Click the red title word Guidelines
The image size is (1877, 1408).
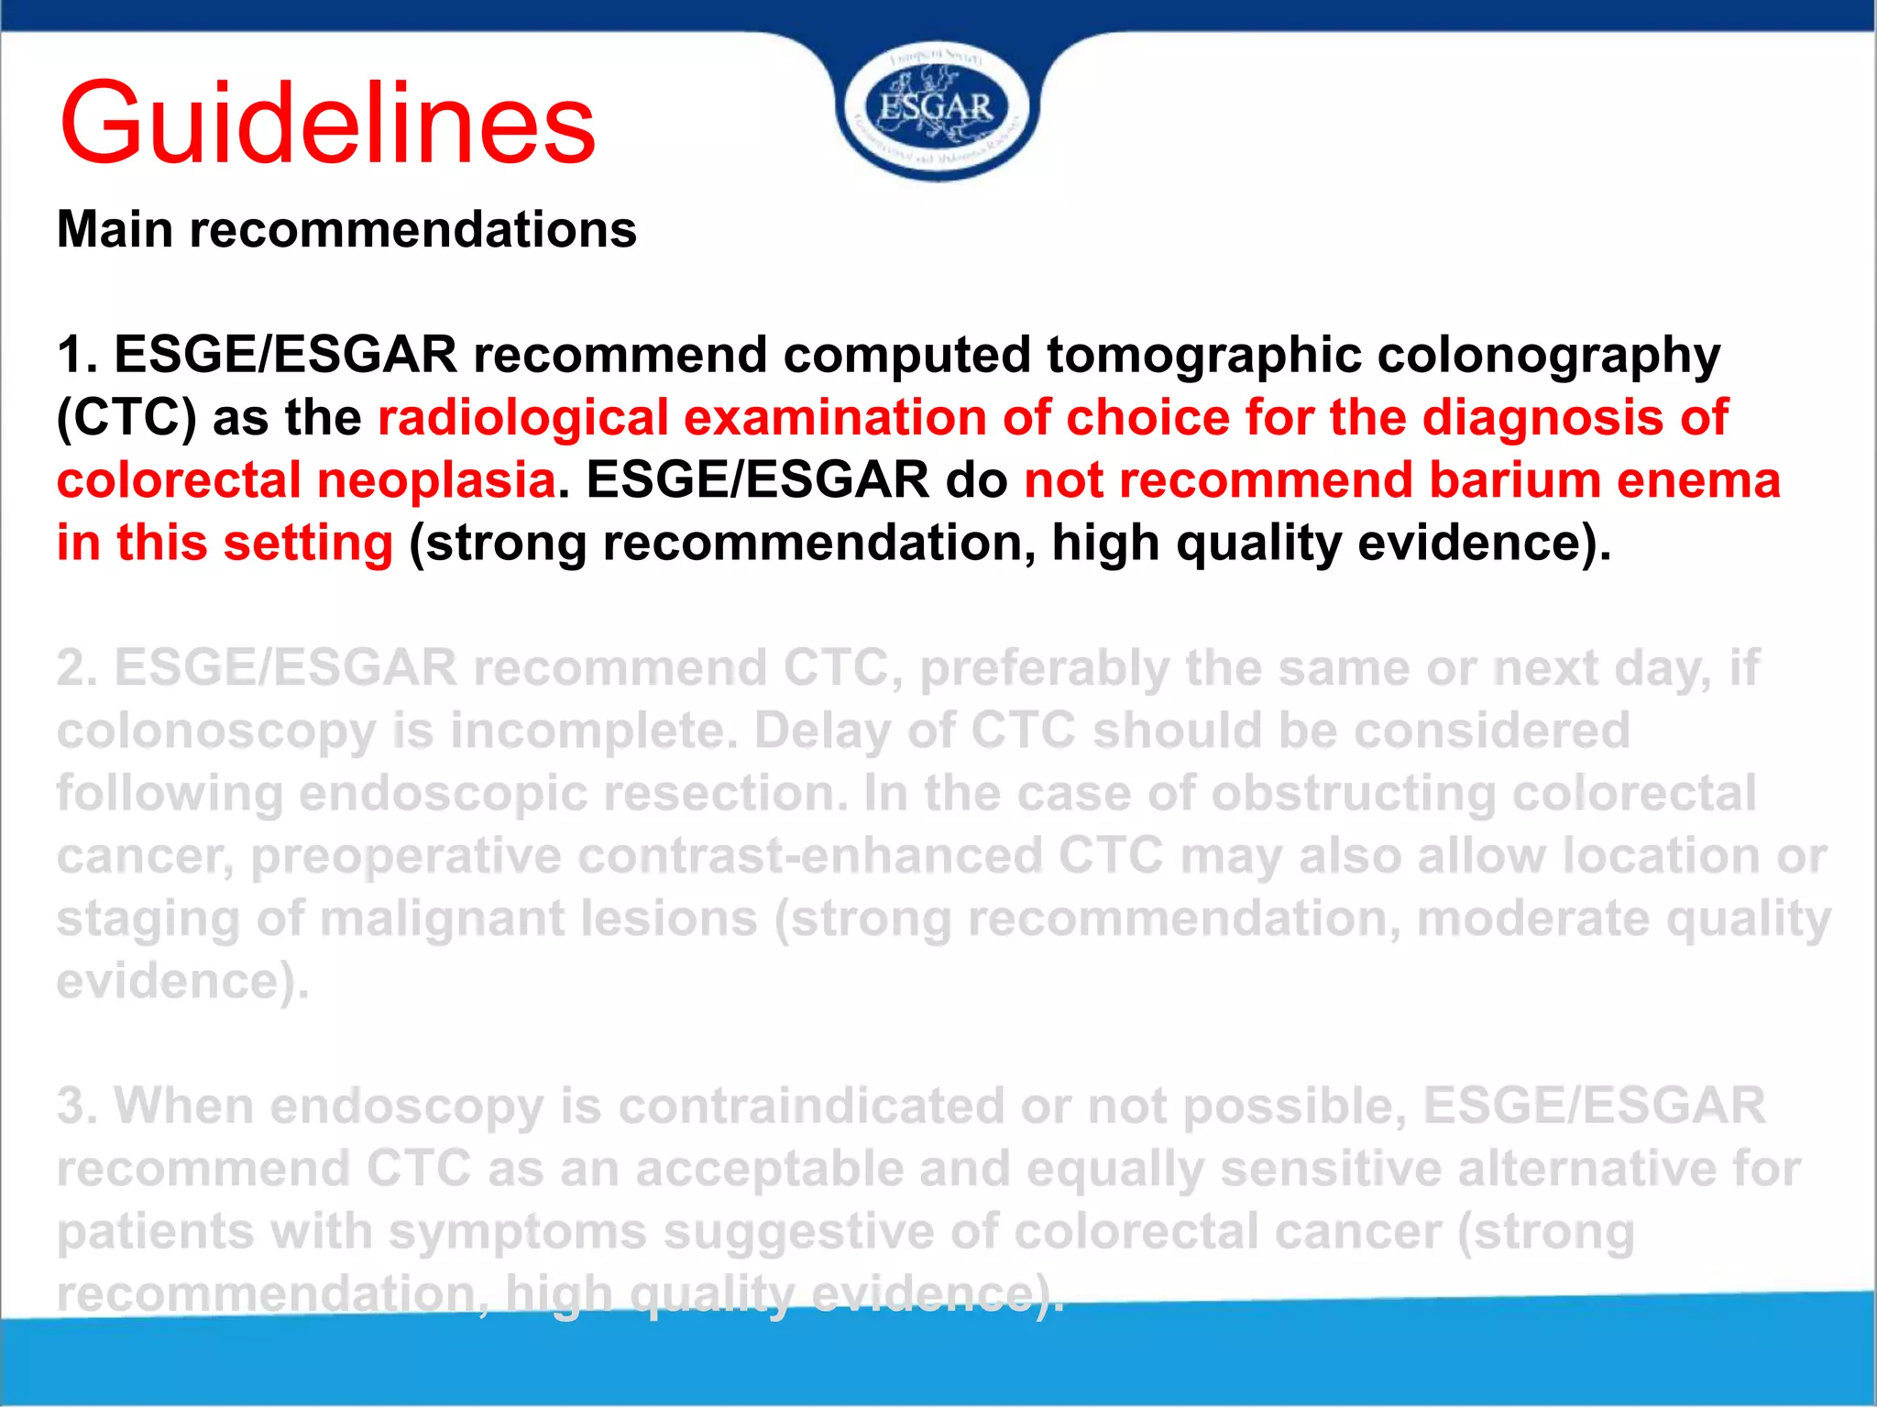[x=327, y=124]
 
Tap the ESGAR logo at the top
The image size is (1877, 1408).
[x=936, y=108]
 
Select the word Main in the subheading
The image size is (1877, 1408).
[x=115, y=229]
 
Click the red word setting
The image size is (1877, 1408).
[x=308, y=543]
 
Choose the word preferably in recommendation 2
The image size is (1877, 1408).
[x=1044, y=669]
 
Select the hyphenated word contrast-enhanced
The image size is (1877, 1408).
[x=810, y=856]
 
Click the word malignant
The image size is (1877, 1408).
[x=444, y=919]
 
